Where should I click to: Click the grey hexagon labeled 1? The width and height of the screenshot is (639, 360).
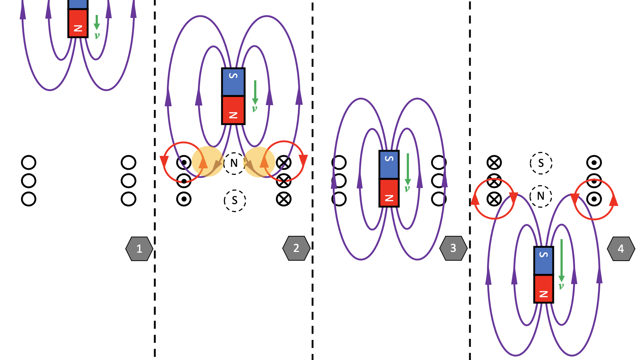click(x=139, y=249)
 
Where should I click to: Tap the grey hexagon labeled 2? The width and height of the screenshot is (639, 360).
click(x=296, y=248)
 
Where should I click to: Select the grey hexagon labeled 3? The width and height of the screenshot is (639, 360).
click(x=453, y=248)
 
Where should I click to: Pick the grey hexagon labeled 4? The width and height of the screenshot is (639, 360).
click(x=621, y=249)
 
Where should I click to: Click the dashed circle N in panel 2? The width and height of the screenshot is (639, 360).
click(x=234, y=163)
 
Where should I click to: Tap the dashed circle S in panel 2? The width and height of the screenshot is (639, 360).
click(x=235, y=200)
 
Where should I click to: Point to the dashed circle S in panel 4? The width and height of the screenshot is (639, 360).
click(x=541, y=163)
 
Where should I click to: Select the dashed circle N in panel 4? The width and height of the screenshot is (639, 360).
click(x=541, y=196)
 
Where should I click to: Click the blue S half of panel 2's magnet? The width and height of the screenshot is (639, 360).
click(x=233, y=82)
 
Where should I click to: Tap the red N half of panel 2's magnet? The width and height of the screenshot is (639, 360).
click(x=233, y=110)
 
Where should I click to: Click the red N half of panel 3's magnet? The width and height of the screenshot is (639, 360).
click(x=389, y=193)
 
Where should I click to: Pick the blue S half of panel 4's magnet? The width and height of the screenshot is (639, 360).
click(x=544, y=260)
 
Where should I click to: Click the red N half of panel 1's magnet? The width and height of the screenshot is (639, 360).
click(x=78, y=23)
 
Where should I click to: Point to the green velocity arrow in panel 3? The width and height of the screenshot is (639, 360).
click(x=407, y=169)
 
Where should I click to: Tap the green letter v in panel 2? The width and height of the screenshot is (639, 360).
click(x=255, y=108)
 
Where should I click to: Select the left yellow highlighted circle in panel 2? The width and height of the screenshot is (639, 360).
click(x=207, y=162)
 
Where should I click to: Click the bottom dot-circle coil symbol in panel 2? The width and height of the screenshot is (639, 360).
click(x=184, y=199)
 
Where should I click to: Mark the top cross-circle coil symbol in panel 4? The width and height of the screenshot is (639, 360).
click(x=494, y=162)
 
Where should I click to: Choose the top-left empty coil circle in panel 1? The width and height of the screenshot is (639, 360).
click(x=28, y=162)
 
